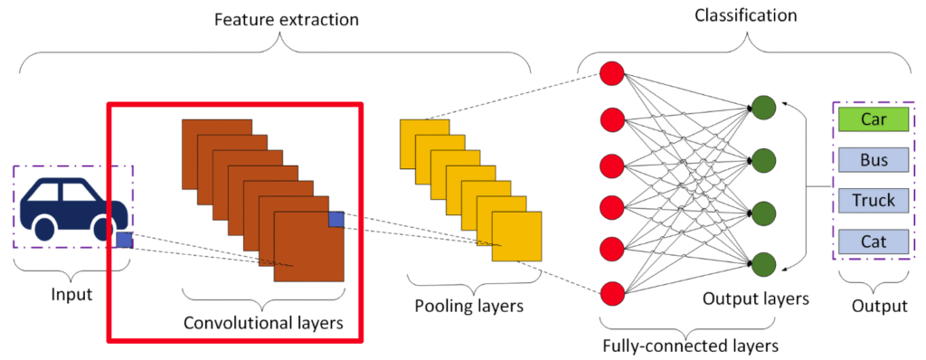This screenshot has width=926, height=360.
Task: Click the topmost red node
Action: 612,73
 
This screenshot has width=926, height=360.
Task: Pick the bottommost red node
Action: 612,293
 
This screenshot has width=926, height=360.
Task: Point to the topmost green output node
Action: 764,108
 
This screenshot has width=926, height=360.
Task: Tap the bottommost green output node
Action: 764,264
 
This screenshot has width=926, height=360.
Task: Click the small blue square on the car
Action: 124,240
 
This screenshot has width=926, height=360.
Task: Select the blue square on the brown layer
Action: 336,219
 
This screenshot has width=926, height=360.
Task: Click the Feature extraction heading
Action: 287,20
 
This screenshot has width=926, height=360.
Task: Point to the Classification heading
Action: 745,14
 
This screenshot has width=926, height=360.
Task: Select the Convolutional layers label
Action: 263,323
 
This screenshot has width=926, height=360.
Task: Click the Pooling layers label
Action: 469,307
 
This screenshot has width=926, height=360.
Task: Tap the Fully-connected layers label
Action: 689,344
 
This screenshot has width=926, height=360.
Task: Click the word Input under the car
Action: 72,294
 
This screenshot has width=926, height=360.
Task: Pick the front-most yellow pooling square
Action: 516,236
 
